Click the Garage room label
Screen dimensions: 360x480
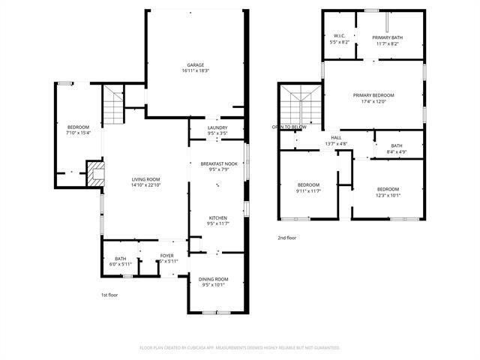[x=195, y=67]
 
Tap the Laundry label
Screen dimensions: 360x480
[x=217, y=131]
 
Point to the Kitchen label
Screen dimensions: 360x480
[x=217, y=221]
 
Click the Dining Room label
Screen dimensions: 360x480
[x=213, y=282]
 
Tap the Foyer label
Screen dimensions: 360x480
[x=166, y=259]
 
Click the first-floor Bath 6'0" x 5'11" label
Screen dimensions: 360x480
[x=121, y=261]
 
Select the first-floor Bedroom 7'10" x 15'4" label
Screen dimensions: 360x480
[x=79, y=130]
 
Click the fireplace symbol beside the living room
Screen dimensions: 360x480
[x=95, y=174]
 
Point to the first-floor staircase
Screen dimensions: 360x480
[x=112, y=105]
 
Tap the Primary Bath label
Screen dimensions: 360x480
[x=388, y=40]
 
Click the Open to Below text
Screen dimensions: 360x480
[x=289, y=127]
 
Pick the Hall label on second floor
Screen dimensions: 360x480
[x=335, y=140]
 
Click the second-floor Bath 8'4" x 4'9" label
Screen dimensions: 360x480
[x=396, y=148]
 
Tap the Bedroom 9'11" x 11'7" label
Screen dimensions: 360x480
[x=308, y=187]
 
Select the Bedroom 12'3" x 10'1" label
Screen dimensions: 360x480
[x=388, y=192]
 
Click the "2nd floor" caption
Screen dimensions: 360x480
[x=287, y=238]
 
